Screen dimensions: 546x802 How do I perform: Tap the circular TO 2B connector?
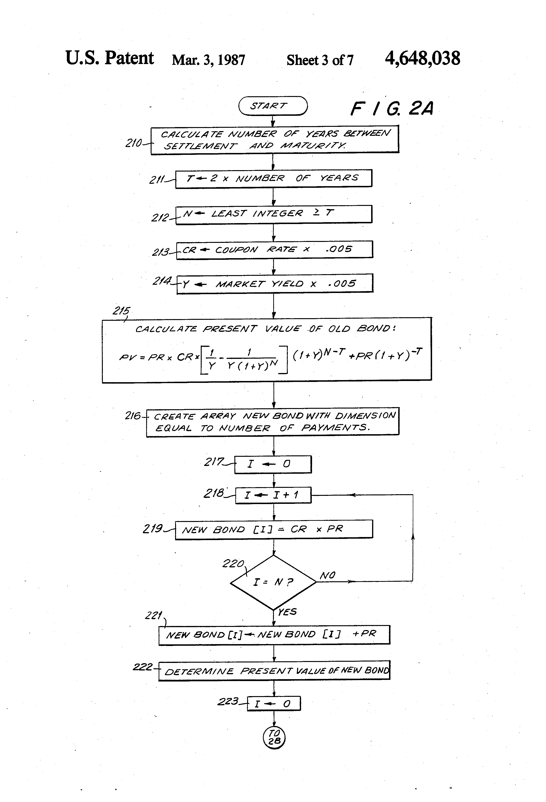274,738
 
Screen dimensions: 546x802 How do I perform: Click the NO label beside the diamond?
328,575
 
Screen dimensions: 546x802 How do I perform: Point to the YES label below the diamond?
287,612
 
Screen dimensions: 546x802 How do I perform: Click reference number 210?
134,143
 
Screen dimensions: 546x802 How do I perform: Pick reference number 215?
121,311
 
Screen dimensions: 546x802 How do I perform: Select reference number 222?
143,666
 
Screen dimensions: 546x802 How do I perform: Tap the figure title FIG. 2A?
392,108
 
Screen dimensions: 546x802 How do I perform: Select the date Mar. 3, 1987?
209,60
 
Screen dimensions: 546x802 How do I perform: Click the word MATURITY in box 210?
313,145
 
